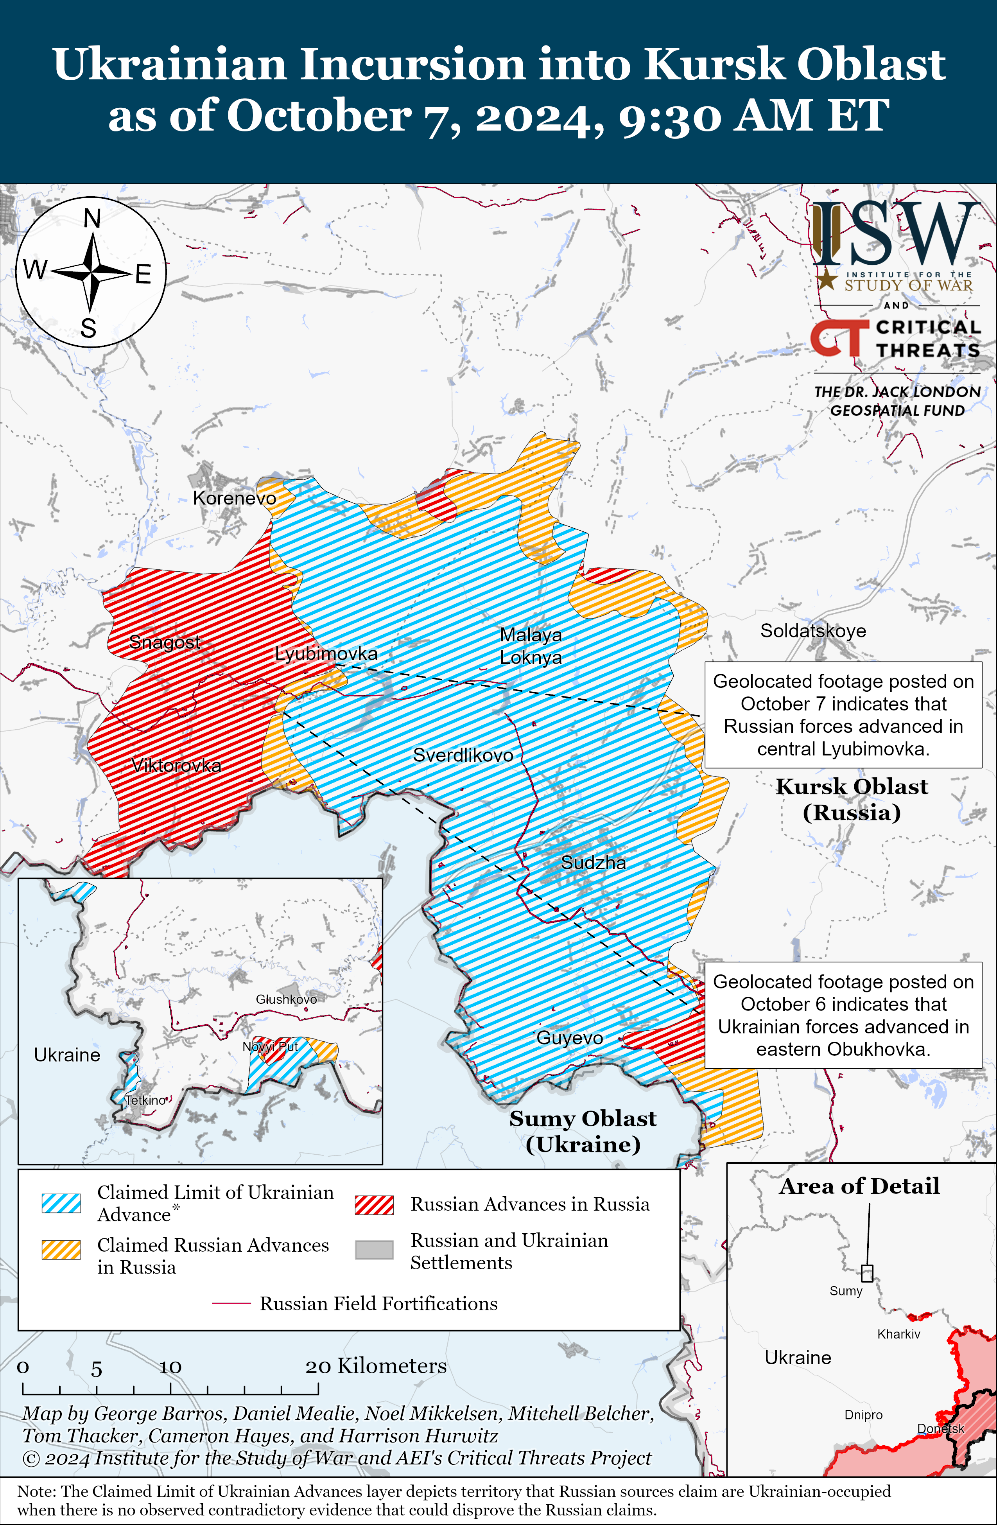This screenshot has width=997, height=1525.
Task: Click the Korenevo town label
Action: (235, 498)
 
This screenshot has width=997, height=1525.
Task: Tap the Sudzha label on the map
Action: (594, 863)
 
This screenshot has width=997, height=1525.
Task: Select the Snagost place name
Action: (165, 641)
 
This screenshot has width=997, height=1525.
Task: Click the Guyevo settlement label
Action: (570, 1037)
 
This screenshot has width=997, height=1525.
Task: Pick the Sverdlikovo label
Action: (463, 755)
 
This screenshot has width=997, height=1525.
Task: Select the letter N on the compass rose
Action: (92, 219)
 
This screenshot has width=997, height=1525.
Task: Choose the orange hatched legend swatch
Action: (61, 1249)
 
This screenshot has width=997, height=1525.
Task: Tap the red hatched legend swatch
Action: (374, 1205)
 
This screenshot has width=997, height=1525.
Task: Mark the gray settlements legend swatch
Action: (374, 1249)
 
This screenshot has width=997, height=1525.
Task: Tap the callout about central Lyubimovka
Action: (843, 714)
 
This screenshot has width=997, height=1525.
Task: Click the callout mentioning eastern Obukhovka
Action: (843, 1015)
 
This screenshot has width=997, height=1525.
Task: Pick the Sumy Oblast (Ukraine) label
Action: (583, 1131)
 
